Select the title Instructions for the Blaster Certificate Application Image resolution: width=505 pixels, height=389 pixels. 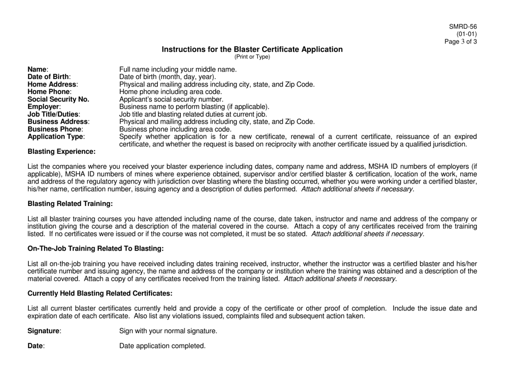[x=252, y=49]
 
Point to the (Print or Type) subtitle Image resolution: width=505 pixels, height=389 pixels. [x=252, y=57]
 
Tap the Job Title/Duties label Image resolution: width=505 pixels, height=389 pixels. [x=53, y=114]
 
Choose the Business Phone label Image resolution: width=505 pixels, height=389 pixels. [x=55, y=129]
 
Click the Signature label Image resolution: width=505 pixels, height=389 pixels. [x=44, y=331]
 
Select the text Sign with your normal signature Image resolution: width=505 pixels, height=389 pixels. [x=168, y=331]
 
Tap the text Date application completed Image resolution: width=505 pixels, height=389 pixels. [x=162, y=345]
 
